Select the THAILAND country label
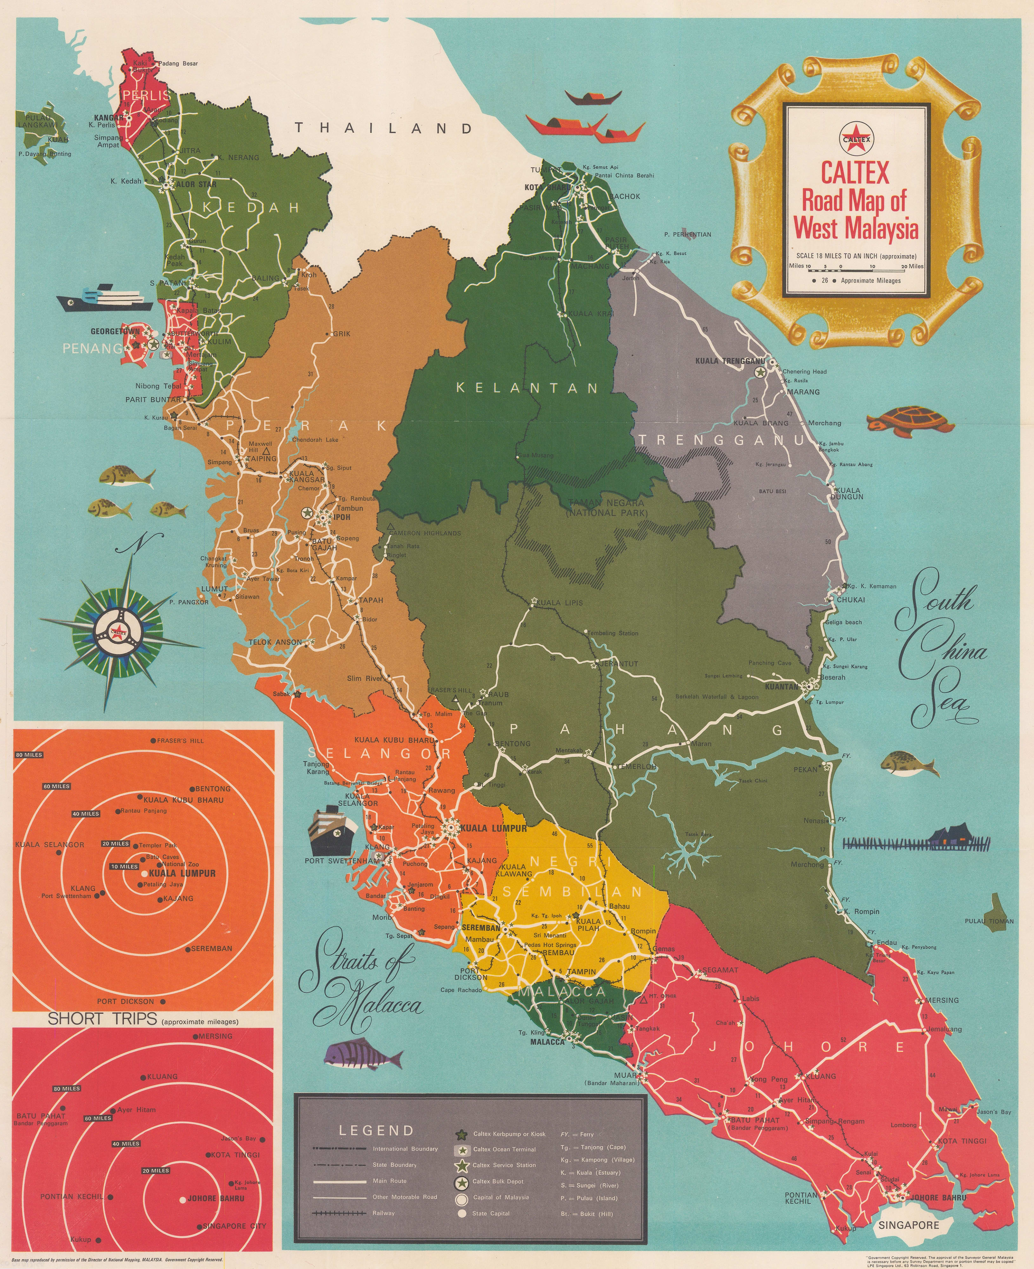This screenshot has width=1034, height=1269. coord(384,128)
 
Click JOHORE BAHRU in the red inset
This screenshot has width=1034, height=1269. coord(215,1198)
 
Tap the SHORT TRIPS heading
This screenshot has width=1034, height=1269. coord(103,1019)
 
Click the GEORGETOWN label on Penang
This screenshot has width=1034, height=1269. coord(115,331)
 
